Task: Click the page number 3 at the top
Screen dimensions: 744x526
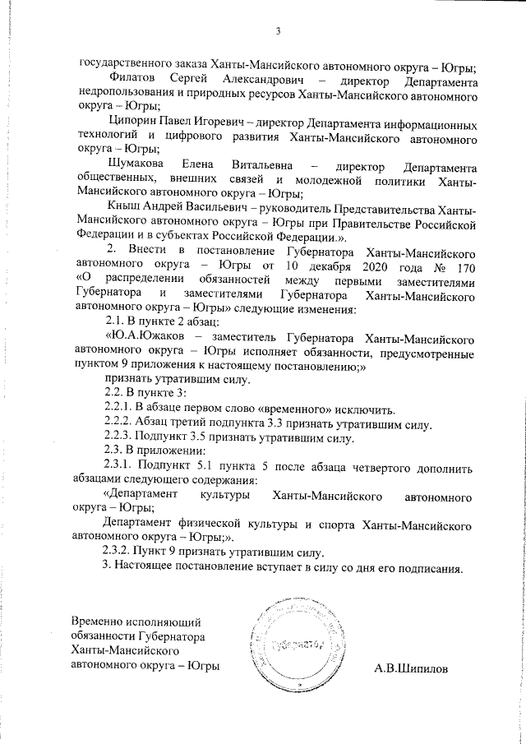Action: click(x=278, y=32)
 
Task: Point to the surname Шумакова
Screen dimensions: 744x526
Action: click(x=135, y=165)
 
